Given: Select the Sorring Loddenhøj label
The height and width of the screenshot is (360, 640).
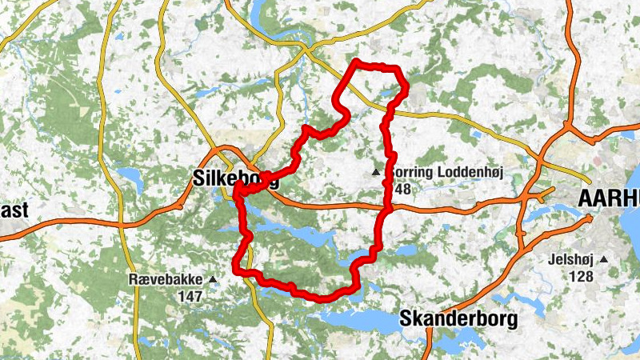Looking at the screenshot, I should (x=444, y=172).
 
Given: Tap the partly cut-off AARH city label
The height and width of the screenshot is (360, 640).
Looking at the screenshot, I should (x=608, y=200).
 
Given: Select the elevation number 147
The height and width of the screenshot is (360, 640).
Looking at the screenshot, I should (x=190, y=296).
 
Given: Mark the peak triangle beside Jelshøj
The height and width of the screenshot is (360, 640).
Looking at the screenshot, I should (x=605, y=260).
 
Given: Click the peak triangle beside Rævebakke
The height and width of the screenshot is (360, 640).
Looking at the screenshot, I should (x=213, y=279).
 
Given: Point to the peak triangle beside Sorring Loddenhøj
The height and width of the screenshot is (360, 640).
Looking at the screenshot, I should (x=376, y=172).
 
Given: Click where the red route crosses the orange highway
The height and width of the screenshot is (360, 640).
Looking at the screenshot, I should (x=390, y=207).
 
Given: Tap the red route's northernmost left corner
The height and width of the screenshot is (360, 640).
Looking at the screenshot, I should (x=355, y=62).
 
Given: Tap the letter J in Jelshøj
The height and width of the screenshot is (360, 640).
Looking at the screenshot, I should (x=551, y=260).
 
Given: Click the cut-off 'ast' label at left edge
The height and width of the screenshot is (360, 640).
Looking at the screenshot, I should (x=14, y=210).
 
